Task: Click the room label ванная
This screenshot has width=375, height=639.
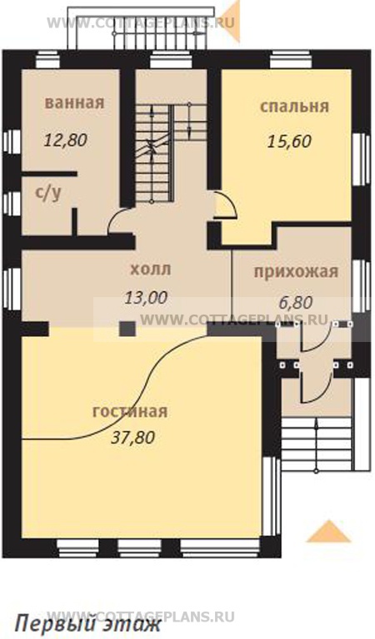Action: coord(75,103)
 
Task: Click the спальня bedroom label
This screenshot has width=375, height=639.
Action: coord(294,106)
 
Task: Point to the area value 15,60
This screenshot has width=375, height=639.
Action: coord(289,141)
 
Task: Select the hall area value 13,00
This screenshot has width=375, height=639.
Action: coord(146,296)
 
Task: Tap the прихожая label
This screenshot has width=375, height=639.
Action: coord(296,270)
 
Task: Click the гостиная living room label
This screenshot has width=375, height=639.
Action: coord(130,411)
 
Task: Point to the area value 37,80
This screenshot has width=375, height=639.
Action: coord(132,436)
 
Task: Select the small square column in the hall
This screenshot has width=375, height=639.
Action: coord(127,328)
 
